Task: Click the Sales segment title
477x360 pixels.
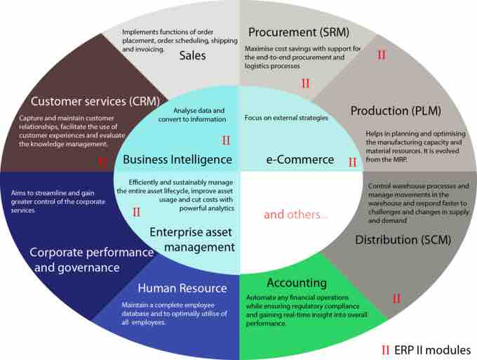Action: (192, 55)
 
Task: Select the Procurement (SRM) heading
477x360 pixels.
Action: (299, 32)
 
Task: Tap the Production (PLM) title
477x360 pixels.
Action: (396, 111)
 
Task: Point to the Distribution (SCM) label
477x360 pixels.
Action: (403, 240)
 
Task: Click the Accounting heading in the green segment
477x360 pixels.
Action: (297, 283)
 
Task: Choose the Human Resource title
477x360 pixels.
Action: (182, 288)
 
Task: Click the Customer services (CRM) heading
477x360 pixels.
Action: (95, 101)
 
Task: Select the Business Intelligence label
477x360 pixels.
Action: (177, 159)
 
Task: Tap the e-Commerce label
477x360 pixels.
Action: (300, 159)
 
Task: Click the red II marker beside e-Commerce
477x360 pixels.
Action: (352, 162)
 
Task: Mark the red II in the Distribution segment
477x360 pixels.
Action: (397, 298)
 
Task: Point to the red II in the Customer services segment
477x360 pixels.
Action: (102, 162)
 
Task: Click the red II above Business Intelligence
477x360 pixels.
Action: (226, 140)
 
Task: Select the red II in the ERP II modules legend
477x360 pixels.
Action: (385, 350)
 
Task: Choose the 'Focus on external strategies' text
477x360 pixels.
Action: (286, 118)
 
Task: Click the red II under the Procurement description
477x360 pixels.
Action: (305, 84)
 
